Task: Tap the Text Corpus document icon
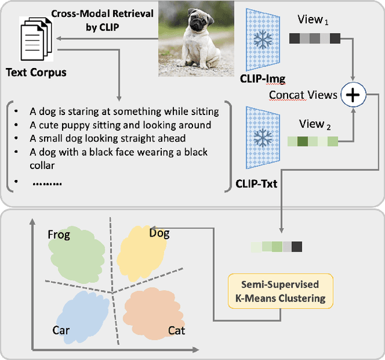37,43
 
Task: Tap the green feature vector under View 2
312,142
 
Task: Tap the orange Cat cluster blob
153,314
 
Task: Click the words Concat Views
303,95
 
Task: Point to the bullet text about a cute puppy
120,125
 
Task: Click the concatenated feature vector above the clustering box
277,247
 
